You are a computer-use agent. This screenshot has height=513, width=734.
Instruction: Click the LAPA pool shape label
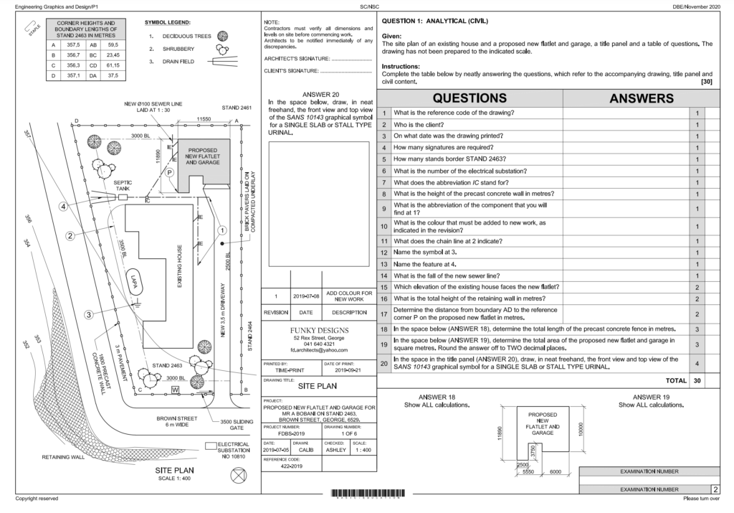(133, 281)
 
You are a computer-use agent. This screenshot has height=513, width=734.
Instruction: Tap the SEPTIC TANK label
(123, 187)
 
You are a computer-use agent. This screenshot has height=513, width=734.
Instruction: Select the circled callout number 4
(64, 207)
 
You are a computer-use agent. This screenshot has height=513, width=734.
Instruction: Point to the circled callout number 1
(222, 230)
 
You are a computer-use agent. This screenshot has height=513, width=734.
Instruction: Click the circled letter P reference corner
(170, 173)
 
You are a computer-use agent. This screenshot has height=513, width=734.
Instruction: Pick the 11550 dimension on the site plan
(208, 119)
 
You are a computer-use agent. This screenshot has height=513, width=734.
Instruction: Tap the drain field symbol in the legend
(223, 62)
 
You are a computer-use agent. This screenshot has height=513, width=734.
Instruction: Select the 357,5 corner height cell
(72, 44)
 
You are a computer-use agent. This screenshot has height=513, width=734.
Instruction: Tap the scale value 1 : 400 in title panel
(363, 450)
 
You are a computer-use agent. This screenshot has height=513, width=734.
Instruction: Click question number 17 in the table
(385, 314)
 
